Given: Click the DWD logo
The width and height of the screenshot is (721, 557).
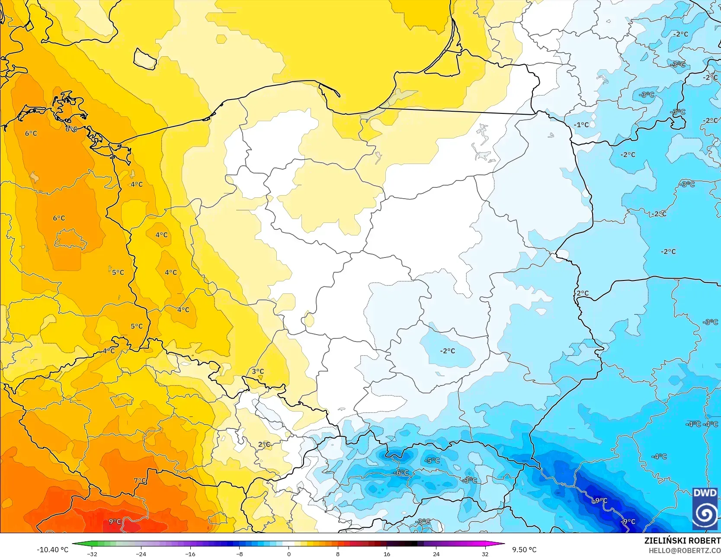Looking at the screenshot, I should point(705,509).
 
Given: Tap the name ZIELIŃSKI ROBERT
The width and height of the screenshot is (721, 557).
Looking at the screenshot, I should point(682,541).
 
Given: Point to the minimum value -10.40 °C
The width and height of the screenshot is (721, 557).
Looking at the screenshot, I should point(52,550).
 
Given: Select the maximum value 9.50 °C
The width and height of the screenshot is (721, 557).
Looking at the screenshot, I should point(524,550).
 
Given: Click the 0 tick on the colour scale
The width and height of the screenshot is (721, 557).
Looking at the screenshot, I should point(288,554).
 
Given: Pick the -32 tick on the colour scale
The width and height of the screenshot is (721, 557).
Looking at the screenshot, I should point(92,554).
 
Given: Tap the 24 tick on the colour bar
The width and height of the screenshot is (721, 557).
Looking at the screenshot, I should point(436,554).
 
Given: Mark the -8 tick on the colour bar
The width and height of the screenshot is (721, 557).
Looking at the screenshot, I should point(239,554).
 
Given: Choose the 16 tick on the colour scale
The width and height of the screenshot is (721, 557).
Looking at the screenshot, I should point(387,554).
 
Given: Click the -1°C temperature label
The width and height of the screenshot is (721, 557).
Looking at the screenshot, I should point(581,125).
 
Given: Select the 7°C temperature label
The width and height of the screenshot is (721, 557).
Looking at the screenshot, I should point(140,480).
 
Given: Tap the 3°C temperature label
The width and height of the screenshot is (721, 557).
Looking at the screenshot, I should point(258,371).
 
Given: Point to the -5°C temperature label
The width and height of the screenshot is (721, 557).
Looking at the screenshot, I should point(432,460).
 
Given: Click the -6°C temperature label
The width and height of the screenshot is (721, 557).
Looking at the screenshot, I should point(401,473).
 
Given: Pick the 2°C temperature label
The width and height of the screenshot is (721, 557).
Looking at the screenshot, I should point(264,444).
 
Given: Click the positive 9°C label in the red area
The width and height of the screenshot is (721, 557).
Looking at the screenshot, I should point(115,522).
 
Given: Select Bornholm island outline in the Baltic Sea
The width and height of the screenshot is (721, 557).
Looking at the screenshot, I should point(145,58).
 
